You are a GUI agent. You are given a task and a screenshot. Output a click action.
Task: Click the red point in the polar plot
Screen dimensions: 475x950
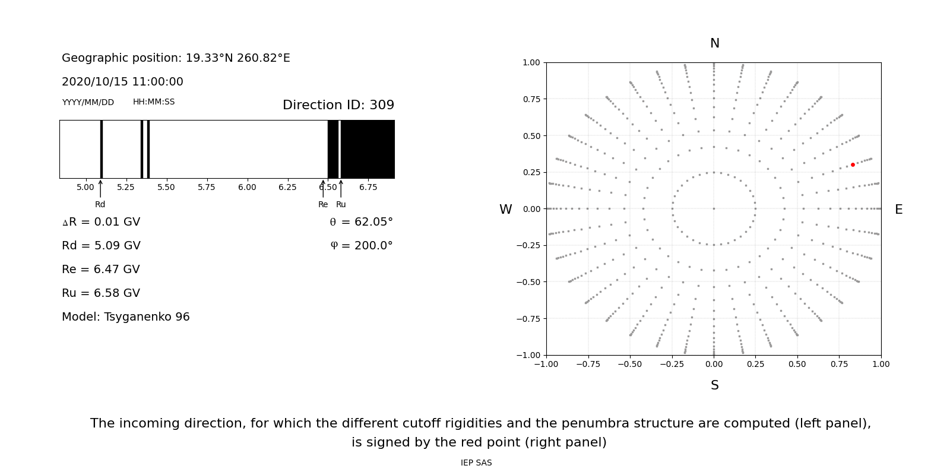(x=853, y=164)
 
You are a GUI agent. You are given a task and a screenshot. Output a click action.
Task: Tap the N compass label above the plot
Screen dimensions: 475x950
(x=714, y=43)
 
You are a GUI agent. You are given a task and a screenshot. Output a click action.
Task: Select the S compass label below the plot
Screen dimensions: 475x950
(x=714, y=385)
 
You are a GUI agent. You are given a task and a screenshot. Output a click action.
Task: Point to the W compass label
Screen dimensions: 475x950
(x=505, y=210)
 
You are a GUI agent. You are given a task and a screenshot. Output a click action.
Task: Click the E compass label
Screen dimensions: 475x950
(x=898, y=210)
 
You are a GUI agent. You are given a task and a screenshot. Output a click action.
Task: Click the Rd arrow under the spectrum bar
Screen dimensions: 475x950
(x=100, y=189)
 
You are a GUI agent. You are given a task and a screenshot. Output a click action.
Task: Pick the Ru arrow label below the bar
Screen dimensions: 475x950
(x=341, y=204)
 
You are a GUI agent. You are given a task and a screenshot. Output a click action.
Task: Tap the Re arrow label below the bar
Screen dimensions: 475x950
(x=323, y=204)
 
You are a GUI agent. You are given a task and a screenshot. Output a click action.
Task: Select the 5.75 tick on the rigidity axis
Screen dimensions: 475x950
(x=207, y=187)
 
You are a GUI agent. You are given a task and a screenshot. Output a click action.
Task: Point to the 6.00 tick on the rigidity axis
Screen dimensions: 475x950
(x=247, y=187)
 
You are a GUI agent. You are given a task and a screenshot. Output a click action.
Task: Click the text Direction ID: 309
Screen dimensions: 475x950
(x=338, y=105)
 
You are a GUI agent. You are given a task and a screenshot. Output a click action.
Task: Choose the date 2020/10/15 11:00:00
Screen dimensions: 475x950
(x=122, y=82)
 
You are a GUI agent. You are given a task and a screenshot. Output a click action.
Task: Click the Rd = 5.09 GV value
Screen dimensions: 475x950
(x=101, y=246)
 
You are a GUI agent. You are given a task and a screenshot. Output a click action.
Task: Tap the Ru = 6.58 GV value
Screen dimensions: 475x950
(x=101, y=293)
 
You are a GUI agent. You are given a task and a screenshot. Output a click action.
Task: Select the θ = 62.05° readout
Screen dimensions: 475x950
(x=361, y=222)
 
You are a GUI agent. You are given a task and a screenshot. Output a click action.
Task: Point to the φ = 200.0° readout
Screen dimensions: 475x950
(x=361, y=246)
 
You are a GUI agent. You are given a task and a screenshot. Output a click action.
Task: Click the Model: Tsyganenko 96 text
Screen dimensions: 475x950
(x=126, y=317)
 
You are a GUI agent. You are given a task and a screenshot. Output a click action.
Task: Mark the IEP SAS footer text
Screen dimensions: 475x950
(x=476, y=463)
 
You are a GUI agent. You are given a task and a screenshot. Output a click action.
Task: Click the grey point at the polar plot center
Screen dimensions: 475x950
(x=714, y=208)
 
